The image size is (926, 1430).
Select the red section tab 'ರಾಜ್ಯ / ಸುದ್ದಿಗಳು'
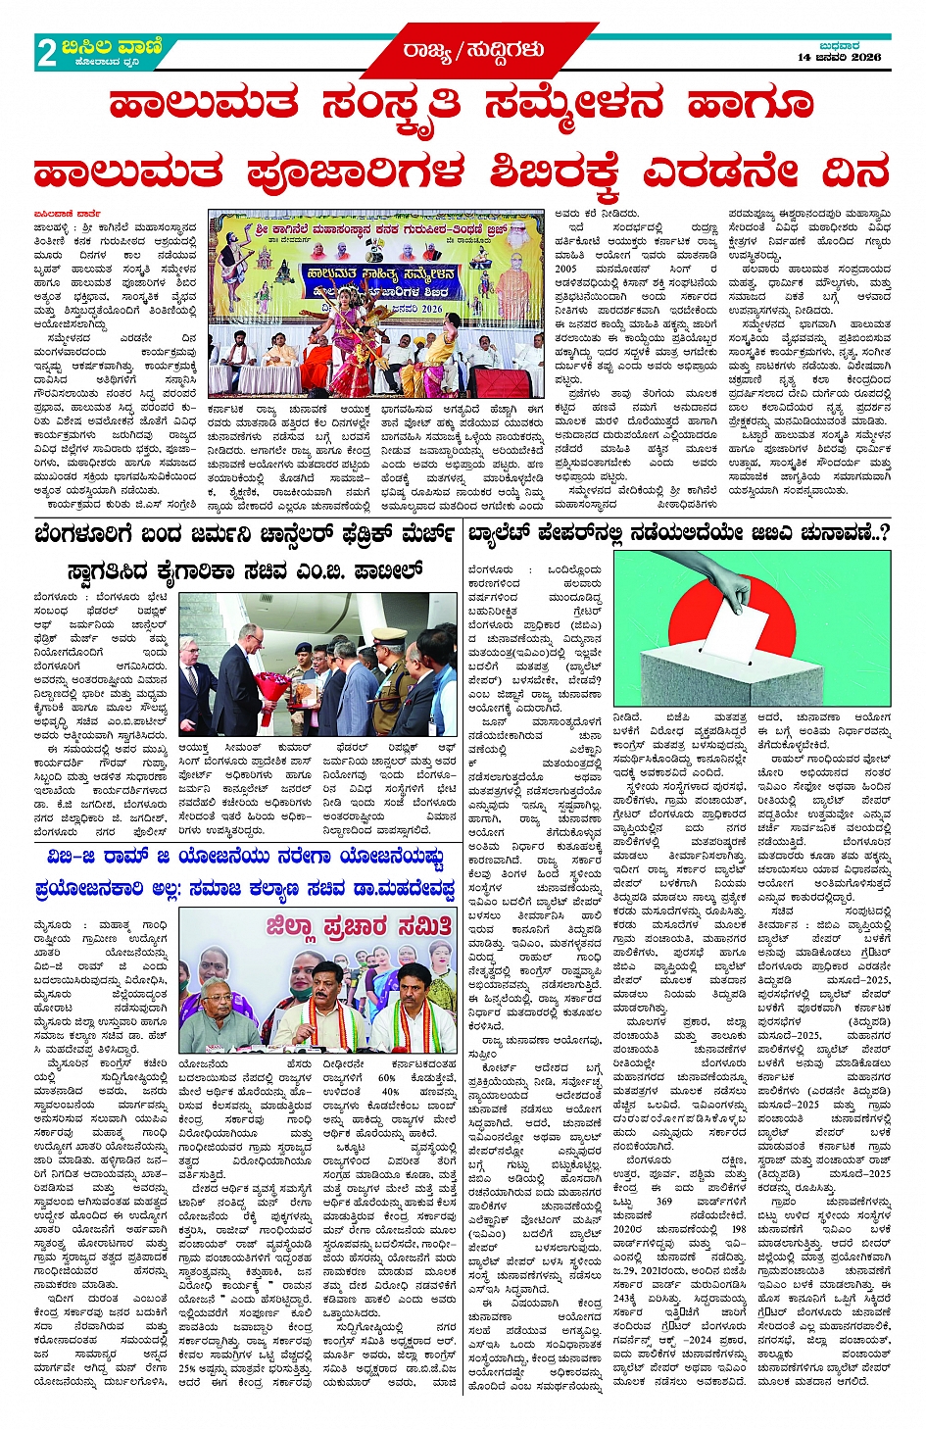tap(472, 50)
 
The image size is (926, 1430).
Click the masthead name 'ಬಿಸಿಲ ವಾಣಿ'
tap(110, 46)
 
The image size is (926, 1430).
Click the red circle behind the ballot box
tap(686, 627)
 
